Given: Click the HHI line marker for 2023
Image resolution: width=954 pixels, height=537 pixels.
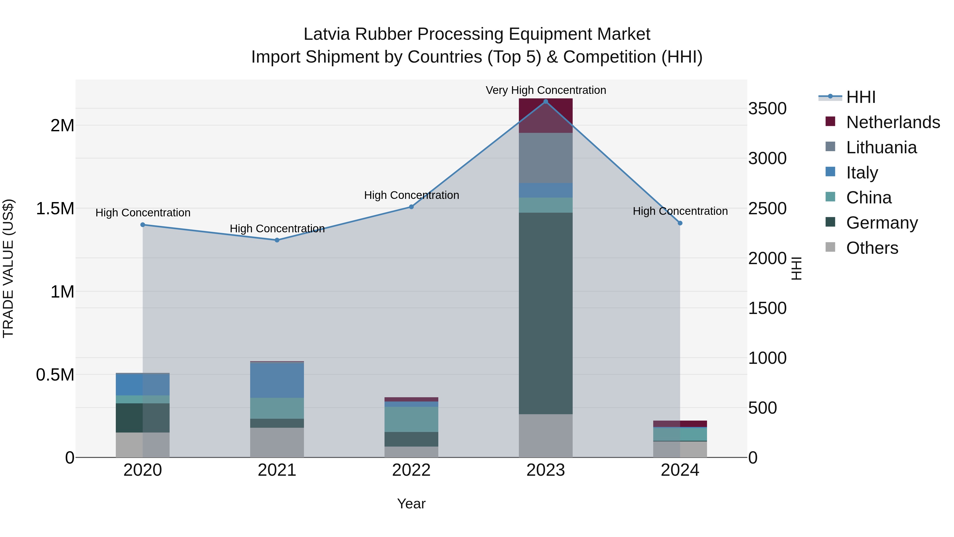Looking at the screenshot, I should pos(546,102).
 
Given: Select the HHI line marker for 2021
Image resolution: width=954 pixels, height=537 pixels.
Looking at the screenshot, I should pos(277,240).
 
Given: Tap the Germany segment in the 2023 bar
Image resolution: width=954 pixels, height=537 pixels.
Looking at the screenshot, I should pos(546,313).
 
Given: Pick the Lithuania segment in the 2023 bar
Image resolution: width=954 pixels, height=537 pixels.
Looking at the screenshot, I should pos(546,158).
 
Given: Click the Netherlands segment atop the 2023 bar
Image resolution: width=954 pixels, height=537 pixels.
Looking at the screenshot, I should pos(546,115).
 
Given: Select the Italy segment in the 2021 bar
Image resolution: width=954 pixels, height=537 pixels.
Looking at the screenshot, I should pos(277,380).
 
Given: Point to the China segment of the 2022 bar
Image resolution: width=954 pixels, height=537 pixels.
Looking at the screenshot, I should pos(411,419).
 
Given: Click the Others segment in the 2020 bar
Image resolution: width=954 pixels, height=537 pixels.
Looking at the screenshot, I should pos(143,445).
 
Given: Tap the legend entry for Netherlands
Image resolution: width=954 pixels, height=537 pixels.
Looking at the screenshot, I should pos(893,122).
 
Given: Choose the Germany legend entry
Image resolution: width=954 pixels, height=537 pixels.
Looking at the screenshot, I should pos(881,223).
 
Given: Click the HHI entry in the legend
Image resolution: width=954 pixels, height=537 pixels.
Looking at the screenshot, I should pos(860,97).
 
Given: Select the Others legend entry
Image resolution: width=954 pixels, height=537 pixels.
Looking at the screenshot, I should pos(872,248).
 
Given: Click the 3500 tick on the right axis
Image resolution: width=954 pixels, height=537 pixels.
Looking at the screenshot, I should pos(767,108).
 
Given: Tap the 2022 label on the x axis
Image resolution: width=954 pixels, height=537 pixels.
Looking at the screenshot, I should pos(411,470).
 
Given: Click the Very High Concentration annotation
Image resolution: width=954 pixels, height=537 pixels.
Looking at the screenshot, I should pos(546,90).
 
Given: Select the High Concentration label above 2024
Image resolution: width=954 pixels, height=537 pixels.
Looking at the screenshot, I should pos(680,211).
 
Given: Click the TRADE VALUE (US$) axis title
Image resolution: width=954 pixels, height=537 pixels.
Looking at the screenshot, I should pos(8,268).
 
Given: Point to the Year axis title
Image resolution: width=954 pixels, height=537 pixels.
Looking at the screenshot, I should pos(411,504).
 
